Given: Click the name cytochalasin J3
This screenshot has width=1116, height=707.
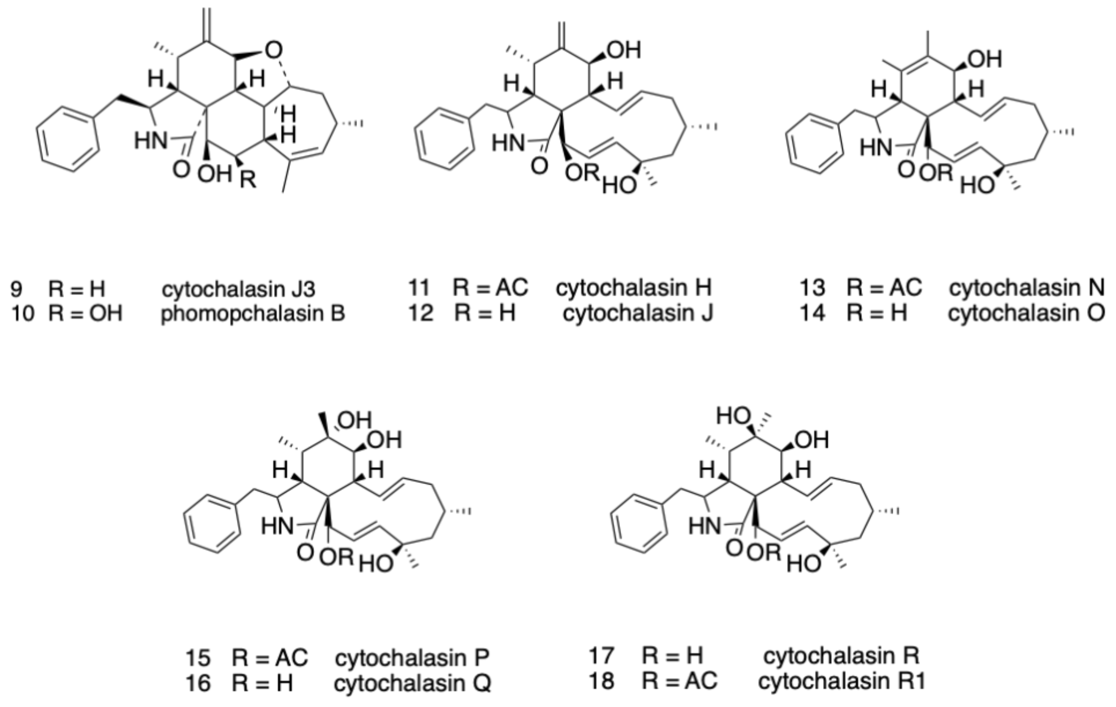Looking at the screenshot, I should tap(238, 289).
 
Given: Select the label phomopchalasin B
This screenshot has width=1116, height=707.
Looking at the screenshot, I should tap(253, 314).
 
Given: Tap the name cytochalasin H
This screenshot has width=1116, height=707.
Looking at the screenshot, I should tap(633, 288).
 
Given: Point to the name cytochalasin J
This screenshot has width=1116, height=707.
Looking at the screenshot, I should tap(638, 313).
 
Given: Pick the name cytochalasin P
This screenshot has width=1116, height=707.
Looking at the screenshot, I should tap(412, 657).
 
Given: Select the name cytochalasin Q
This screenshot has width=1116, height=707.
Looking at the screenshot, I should tap(412, 683).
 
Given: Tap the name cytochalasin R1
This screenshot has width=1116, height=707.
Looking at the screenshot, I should tap(842, 681).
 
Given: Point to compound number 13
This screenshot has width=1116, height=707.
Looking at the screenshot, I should tap(812, 288).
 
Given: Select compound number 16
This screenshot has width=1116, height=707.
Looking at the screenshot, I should tap(198, 683).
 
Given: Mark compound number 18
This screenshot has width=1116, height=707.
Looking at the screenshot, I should tap(602, 681).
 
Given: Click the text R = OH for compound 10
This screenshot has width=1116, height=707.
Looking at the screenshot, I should tap(85, 314).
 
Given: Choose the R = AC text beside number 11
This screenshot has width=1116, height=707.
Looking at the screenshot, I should tap(490, 288).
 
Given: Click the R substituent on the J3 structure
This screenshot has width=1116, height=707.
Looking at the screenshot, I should tap(248, 179).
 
